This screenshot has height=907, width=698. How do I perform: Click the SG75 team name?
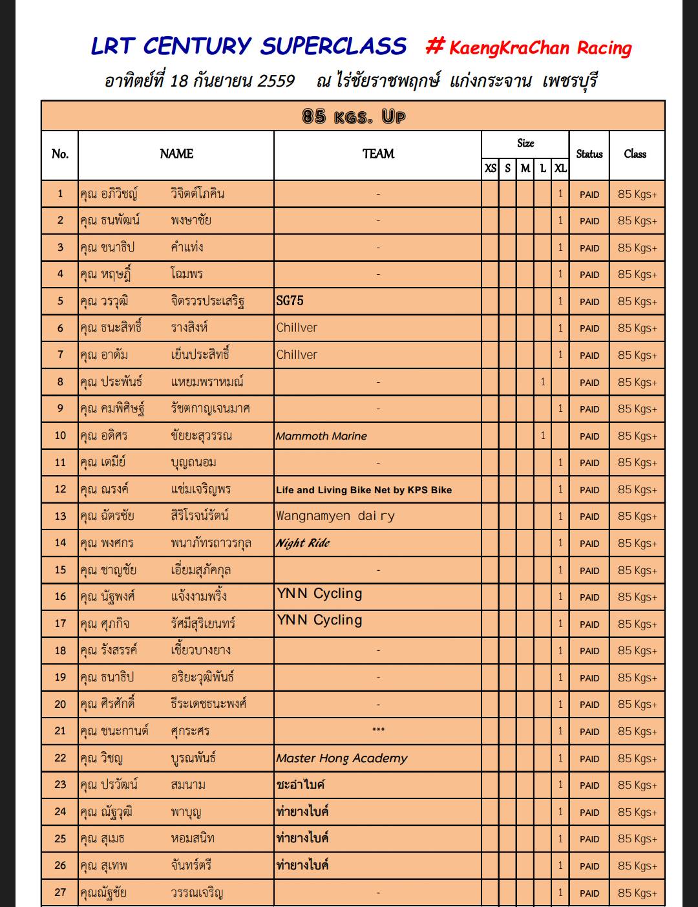click(290, 301)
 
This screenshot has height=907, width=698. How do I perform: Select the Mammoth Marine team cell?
click(321, 436)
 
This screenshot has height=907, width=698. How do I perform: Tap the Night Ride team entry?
click(302, 543)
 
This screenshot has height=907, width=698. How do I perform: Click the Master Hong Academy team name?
click(341, 758)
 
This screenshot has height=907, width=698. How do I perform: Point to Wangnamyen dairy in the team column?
click(335, 516)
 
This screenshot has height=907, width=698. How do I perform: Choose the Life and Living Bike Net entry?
click(363, 489)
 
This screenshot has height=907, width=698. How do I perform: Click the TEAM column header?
click(378, 154)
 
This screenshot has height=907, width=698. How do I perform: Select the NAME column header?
click(176, 154)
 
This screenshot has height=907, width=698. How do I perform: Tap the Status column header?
click(589, 154)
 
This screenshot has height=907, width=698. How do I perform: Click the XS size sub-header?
click(491, 168)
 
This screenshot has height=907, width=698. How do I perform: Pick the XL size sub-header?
click(560, 168)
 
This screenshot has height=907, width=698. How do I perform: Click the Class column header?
click(635, 154)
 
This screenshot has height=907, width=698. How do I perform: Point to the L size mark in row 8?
click(543, 381)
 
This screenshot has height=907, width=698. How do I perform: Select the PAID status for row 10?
click(589, 436)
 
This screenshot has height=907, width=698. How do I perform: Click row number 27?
click(60, 892)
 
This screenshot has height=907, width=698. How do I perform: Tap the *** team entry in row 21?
click(378, 731)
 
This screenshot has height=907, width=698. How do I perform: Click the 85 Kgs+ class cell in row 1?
click(637, 194)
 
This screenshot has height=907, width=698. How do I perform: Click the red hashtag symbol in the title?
click(435, 45)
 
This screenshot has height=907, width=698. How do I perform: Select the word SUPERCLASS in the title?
click(333, 46)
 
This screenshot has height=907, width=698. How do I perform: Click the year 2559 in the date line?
click(276, 81)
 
